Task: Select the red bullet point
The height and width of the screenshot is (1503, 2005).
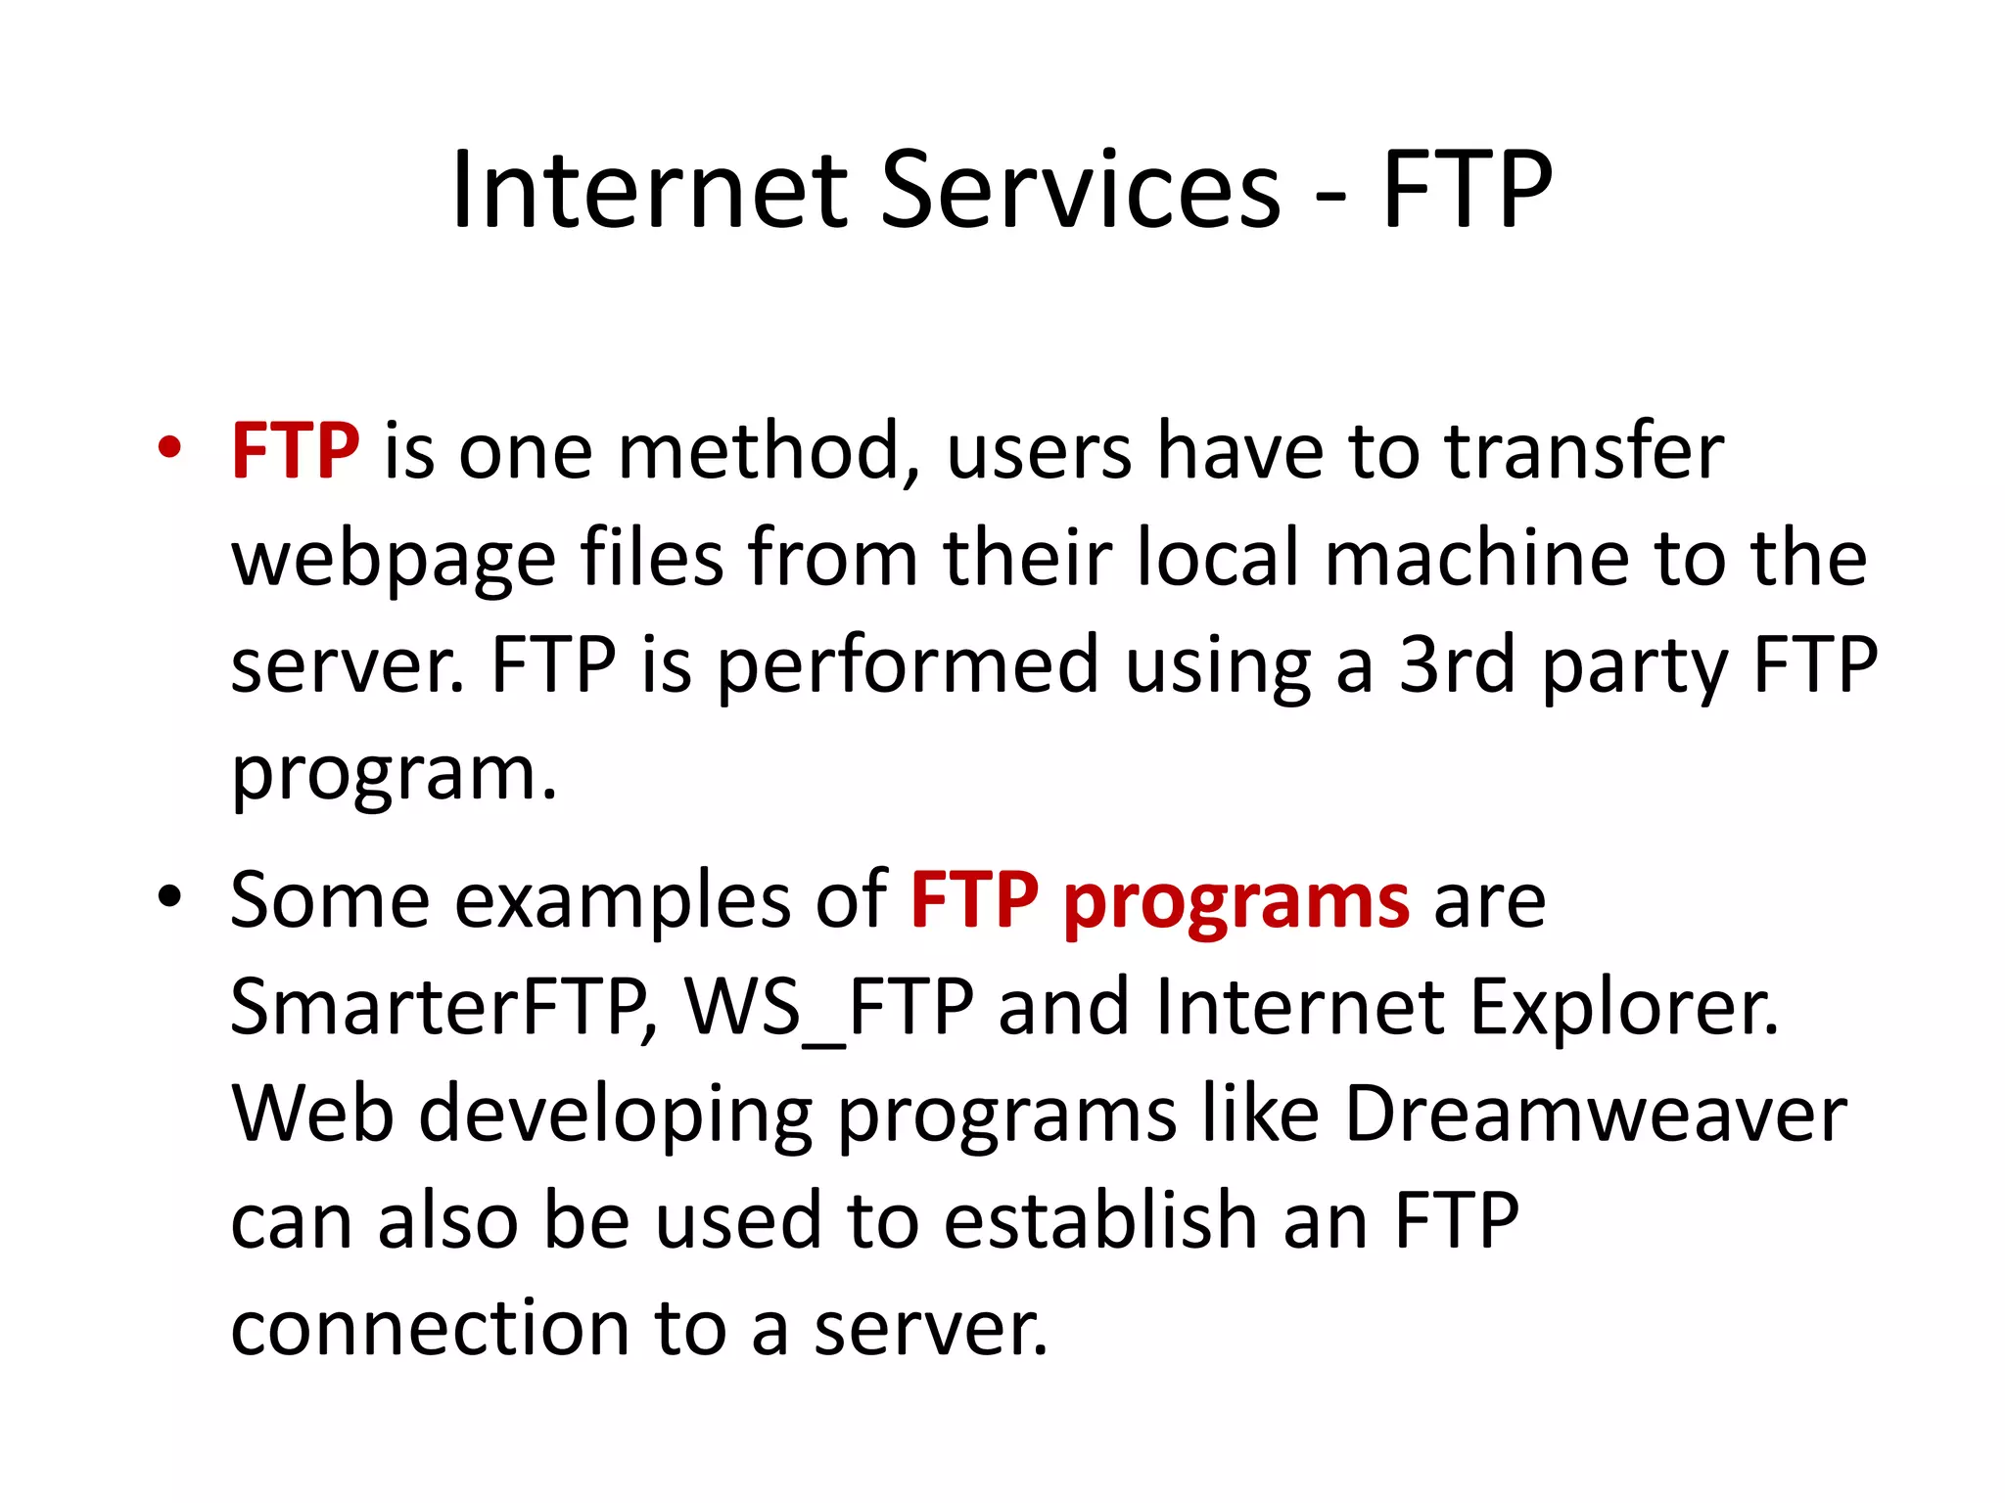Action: [x=169, y=448]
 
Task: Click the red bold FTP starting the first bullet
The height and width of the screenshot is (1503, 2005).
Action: [x=295, y=451]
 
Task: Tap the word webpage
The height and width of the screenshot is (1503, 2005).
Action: [x=394, y=559]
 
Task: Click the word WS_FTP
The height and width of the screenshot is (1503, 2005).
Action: [x=828, y=1008]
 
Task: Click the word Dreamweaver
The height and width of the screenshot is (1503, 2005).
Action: [x=1595, y=1115]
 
